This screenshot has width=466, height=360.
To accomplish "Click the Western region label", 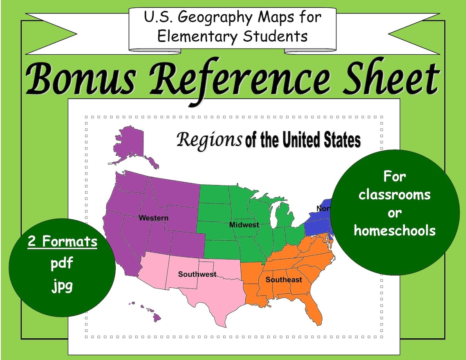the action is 153,218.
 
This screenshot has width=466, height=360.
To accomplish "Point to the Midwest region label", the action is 244,225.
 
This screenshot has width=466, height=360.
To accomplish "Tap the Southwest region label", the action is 197,274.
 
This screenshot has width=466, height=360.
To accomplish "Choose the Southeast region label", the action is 284,280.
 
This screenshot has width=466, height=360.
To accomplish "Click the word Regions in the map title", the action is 209,140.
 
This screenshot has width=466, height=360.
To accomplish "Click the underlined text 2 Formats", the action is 63,241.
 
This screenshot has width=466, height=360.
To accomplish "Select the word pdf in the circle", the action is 62,264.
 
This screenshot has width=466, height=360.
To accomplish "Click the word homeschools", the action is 394,230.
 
